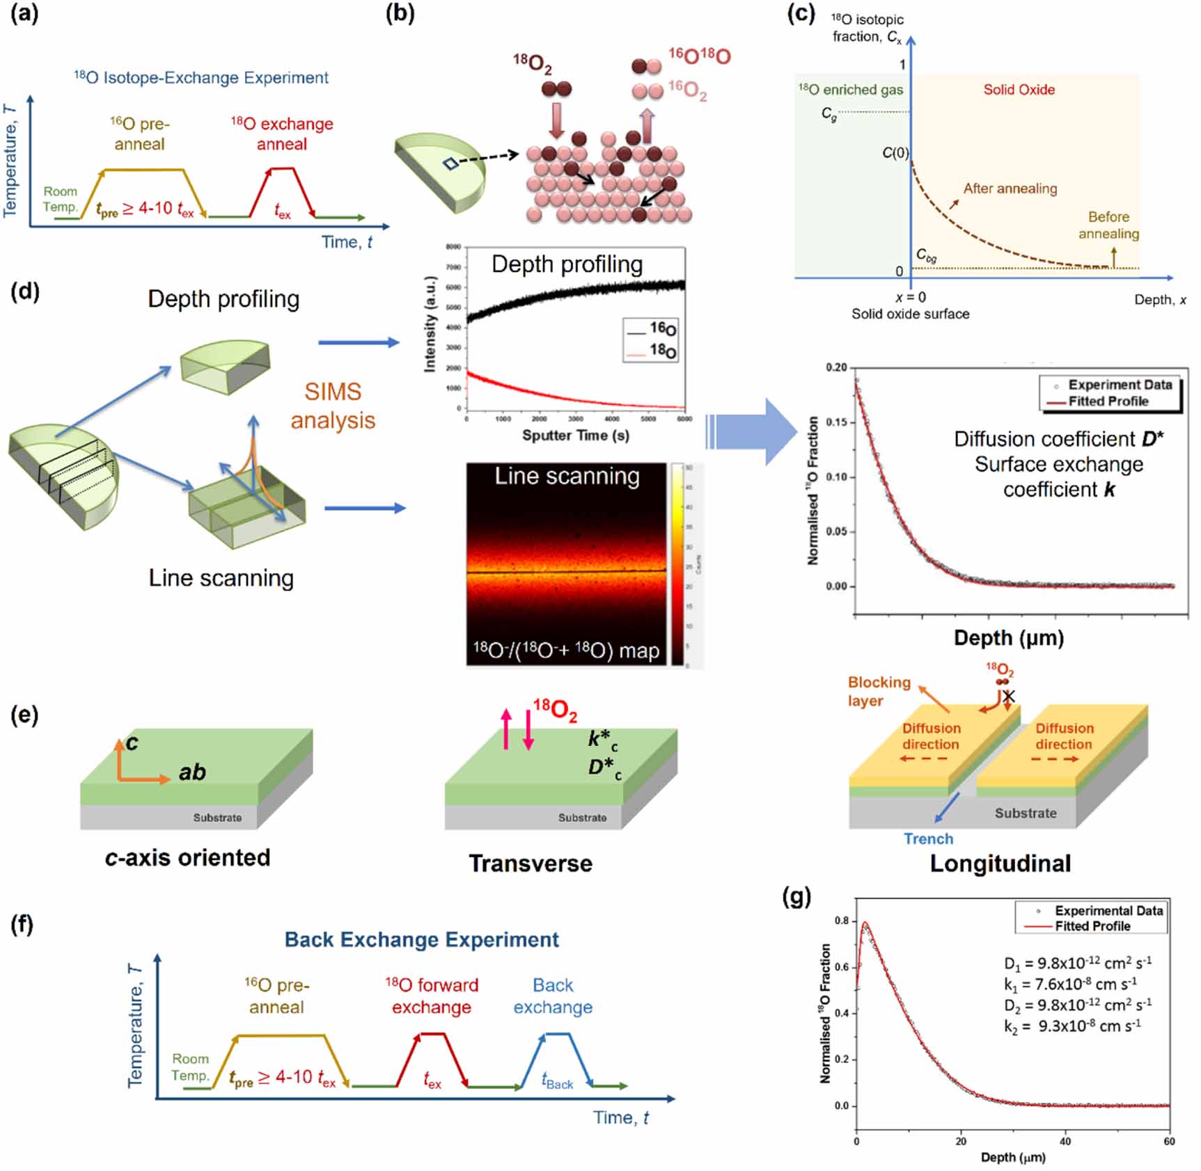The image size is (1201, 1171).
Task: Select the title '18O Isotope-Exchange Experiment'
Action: click(201, 77)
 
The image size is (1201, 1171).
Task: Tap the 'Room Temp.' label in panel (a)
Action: click(60, 199)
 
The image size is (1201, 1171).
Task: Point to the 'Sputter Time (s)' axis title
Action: click(575, 436)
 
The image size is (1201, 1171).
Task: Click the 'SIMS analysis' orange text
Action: click(333, 406)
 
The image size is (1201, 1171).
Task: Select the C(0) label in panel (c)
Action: click(895, 152)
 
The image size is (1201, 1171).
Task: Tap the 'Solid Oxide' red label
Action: click(1019, 89)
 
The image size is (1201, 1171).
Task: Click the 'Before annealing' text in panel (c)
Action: click(1108, 225)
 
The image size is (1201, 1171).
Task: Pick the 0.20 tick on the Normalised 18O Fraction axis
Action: click(836, 367)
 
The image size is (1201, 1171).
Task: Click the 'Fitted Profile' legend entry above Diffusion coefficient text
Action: click(1108, 401)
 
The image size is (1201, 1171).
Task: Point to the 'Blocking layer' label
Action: click(879, 691)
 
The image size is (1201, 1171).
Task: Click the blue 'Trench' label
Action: click(928, 838)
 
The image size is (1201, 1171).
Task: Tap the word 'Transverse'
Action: click(531, 863)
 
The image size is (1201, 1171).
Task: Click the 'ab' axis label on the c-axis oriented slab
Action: click(192, 772)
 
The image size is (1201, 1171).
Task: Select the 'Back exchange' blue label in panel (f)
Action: click(553, 996)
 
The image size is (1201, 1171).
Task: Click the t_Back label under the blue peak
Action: click(557, 1081)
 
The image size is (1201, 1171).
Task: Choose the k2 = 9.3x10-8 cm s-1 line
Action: click(1072, 1026)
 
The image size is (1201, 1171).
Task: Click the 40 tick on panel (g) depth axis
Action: click(1065, 1141)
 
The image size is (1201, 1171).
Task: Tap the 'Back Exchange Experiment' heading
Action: click(421, 939)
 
